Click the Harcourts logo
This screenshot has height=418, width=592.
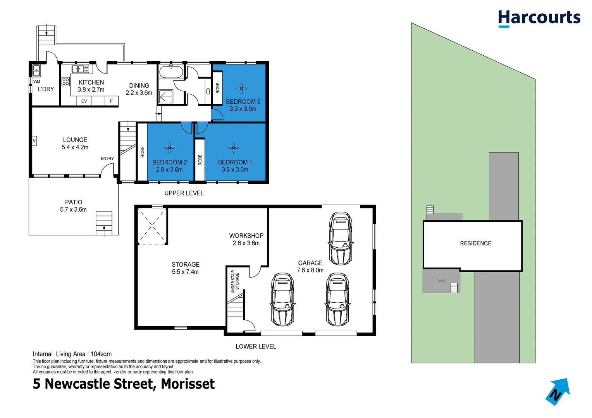539,18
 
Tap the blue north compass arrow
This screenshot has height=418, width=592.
558,391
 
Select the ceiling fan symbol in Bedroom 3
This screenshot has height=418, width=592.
241,89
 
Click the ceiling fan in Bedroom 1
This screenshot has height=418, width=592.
233,147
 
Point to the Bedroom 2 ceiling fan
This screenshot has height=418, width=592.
169,147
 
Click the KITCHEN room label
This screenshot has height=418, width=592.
91,82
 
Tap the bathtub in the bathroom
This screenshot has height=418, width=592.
171,72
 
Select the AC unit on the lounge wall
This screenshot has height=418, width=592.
34,140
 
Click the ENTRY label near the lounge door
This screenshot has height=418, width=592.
107,159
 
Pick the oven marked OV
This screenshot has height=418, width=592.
84,101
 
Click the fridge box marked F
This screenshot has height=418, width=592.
111,101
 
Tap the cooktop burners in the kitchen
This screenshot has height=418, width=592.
65,82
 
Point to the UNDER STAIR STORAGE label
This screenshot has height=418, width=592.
235,281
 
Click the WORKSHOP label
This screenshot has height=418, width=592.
246,236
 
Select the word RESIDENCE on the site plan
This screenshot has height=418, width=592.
475,243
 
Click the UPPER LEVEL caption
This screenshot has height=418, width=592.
184,193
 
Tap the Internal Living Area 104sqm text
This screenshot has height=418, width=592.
72,354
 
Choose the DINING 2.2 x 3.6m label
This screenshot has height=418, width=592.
139,89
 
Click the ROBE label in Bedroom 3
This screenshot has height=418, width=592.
218,88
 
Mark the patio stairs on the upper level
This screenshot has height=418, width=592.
104,223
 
